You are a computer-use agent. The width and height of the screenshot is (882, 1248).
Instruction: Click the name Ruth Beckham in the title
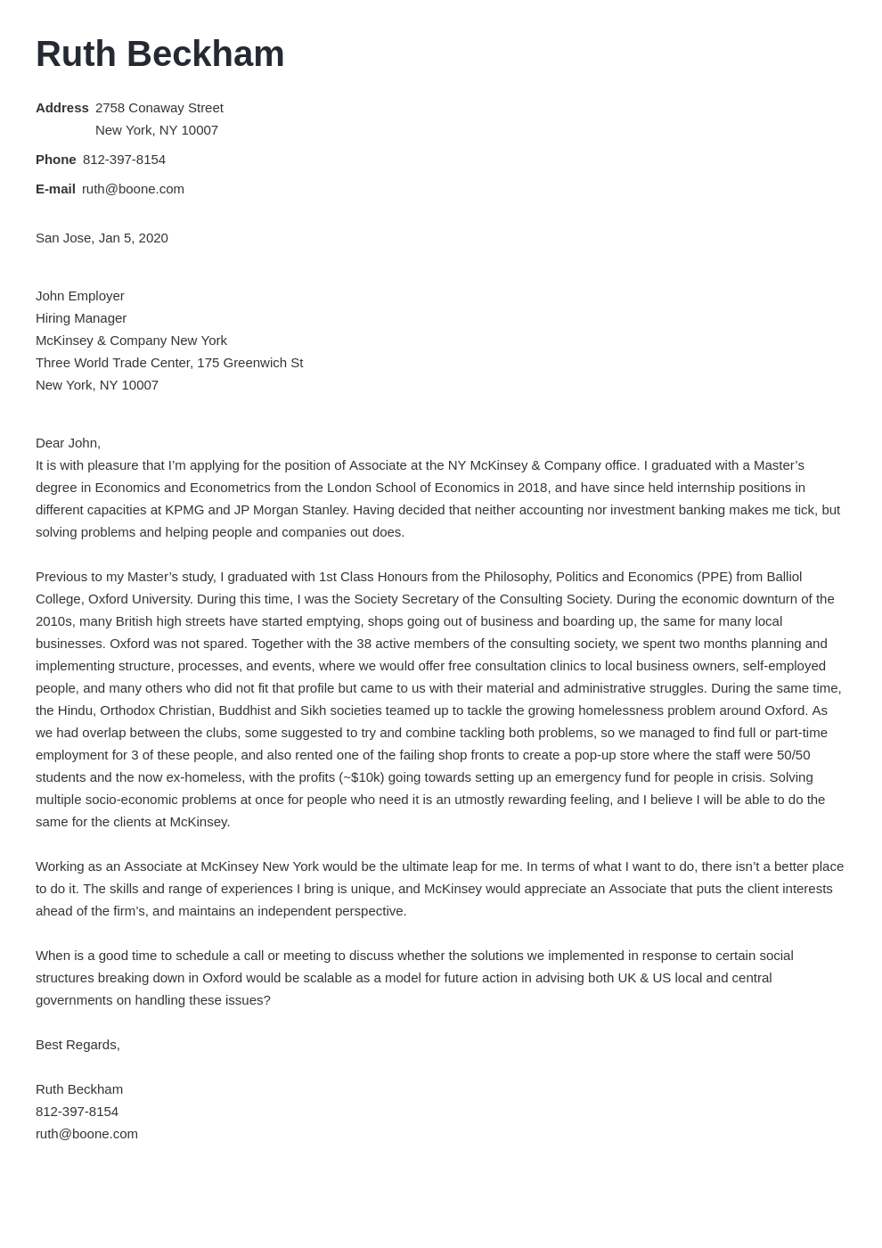(159, 54)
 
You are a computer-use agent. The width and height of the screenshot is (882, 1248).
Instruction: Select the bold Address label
(61, 108)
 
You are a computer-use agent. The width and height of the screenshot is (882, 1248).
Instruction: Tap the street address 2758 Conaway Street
(159, 108)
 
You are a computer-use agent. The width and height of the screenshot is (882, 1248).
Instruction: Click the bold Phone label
(55, 160)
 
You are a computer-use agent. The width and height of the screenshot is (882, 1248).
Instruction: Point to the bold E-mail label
(55, 189)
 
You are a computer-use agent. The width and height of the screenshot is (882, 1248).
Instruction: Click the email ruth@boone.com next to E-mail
(133, 189)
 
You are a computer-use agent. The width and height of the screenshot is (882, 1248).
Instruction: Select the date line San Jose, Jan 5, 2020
(102, 238)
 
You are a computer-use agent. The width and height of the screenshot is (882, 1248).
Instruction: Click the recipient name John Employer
(80, 296)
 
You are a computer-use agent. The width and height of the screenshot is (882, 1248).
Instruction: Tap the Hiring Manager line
(81, 318)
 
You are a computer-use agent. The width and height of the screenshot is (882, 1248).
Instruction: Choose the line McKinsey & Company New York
(131, 341)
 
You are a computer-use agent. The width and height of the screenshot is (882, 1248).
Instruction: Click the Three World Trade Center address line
(169, 363)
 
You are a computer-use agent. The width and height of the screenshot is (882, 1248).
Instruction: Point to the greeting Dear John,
(68, 443)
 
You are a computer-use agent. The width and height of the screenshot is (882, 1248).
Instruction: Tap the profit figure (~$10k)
(362, 777)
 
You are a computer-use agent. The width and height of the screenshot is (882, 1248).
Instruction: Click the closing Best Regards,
(78, 1045)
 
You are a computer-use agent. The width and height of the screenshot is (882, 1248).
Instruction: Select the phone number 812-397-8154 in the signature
(77, 1112)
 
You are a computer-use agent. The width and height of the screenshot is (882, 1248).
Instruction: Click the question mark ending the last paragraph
(266, 1000)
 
